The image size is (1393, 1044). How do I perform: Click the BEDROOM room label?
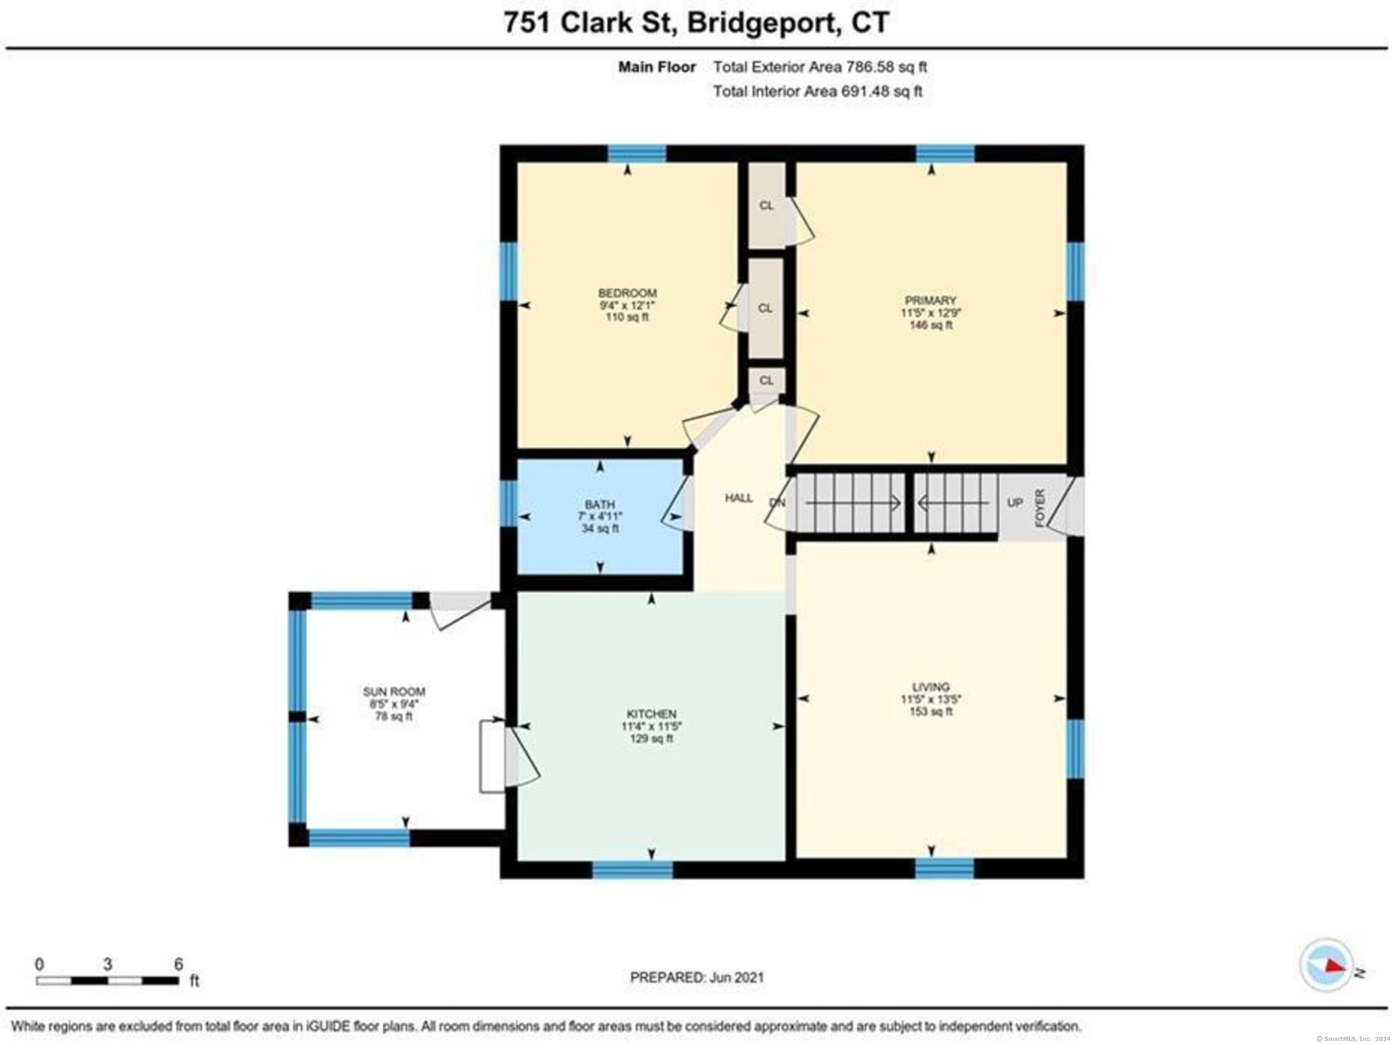click(627, 293)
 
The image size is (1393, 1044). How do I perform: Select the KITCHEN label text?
click(651, 714)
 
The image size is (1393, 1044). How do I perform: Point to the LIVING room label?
click(931, 687)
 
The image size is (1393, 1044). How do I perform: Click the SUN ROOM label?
click(394, 691)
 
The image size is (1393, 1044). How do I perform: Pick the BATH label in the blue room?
click(599, 505)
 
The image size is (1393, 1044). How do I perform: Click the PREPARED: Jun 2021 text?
click(697, 978)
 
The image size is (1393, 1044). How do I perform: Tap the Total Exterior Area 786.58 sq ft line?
click(820, 67)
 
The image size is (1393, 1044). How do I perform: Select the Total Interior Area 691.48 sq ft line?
click(818, 91)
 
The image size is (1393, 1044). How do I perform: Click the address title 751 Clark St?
click(591, 23)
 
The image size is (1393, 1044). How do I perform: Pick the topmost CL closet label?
click(766, 205)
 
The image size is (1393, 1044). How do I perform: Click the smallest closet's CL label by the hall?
click(766, 380)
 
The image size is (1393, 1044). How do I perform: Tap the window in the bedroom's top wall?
click(637, 154)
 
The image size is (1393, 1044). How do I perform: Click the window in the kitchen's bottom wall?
click(632, 869)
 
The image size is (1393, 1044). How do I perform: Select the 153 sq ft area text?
click(931, 712)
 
